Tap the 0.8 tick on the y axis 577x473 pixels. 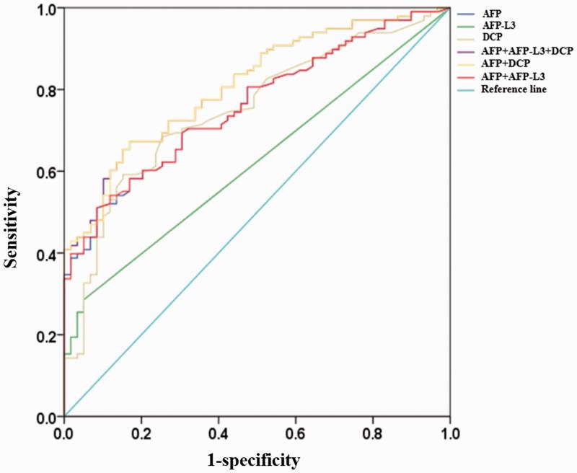pyautogui.click(x=45, y=90)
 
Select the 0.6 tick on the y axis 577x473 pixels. pyautogui.click(x=45, y=172)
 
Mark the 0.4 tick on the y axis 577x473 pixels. pyautogui.click(x=45, y=254)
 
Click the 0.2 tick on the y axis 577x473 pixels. pyautogui.click(x=45, y=335)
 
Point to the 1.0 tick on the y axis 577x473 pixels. pyautogui.click(x=45, y=9)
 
